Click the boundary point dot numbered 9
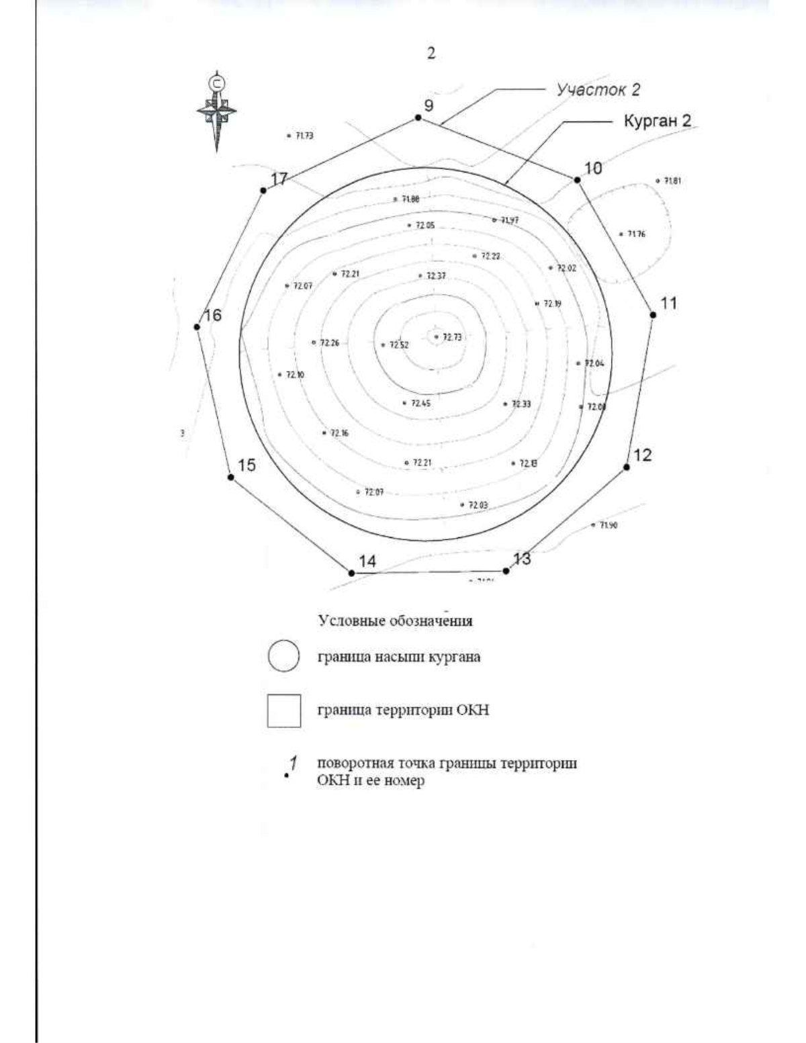(418, 118)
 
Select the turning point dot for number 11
(652, 314)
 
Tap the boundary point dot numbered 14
(351, 573)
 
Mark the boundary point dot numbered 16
(197, 326)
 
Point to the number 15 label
(247, 465)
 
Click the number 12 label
(643, 455)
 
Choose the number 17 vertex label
(279, 179)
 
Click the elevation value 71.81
(672, 181)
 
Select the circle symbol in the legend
(283, 657)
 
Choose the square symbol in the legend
(283, 711)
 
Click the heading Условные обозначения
(395, 621)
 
